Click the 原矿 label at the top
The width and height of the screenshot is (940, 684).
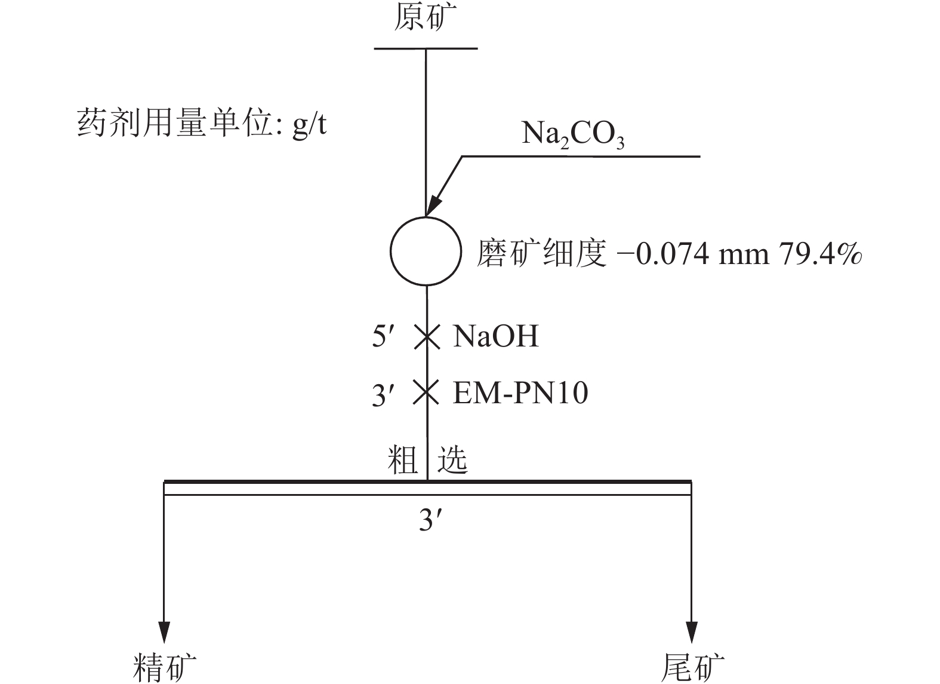(425, 17)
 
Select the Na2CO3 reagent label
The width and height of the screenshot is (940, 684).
(573, 134)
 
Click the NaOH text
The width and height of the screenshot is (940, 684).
(496, 336)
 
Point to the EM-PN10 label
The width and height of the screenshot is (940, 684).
(520, 393)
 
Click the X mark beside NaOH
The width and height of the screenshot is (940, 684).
(427, 337)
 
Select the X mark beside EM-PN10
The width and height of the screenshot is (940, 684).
(426, 392)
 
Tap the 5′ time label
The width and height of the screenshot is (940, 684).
(383, 336)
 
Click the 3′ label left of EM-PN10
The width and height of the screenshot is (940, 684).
(383, 394)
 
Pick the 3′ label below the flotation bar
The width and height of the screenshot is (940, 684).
(430, 520)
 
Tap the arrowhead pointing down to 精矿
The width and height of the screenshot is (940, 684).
(164, 631)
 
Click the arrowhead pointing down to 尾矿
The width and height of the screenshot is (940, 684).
(691, 631)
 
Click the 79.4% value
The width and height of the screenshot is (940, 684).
(821, 254)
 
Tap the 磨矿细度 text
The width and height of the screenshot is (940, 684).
(542, 253)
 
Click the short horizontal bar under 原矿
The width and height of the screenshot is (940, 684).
(426, 49)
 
